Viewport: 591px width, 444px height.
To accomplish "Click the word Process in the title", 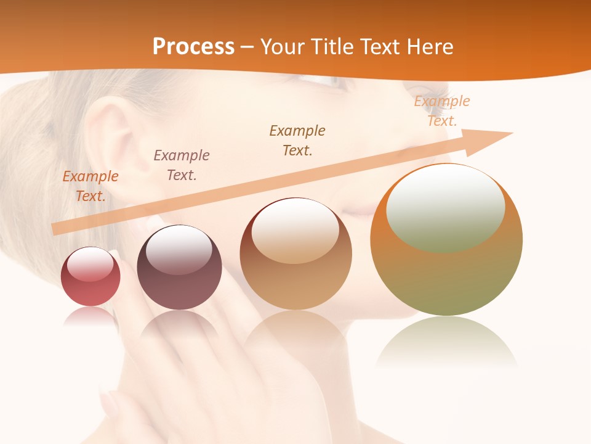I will (x=193, y=47).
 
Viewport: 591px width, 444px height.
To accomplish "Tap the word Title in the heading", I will (x=331, y=47).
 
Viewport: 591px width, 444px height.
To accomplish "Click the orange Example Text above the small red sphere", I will (x=90, y=186).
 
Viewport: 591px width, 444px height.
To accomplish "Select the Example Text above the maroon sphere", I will (x=182, y=165).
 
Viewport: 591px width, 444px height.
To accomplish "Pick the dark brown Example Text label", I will (x=297, y=140).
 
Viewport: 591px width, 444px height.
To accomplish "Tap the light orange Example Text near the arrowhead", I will (x=442, y=110).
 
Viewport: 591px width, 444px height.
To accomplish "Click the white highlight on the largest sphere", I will (x=445, y=207).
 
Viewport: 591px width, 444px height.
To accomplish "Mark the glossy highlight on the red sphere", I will (x=90, y=264).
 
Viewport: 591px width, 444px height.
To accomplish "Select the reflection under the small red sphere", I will (x=90, y=318).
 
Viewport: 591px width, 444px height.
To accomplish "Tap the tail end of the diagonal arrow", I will (x=57, y=229).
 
